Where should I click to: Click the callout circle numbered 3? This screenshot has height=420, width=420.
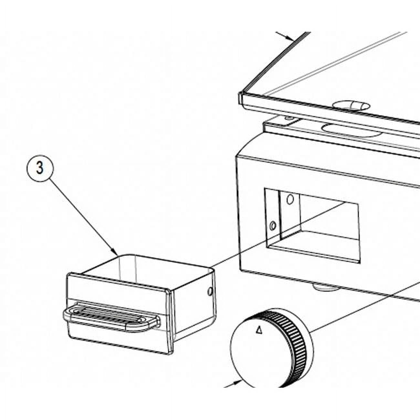point(40,168)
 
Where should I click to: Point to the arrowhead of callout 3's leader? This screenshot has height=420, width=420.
point(115,251)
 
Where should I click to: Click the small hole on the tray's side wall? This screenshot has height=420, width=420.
point(210,291)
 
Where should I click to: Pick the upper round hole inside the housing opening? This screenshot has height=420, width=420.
point(290,199)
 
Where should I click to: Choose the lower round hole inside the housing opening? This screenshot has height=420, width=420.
point(273,226)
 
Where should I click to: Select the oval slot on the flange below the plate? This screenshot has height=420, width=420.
point(351,131)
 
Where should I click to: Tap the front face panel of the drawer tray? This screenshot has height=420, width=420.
point(118,312)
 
